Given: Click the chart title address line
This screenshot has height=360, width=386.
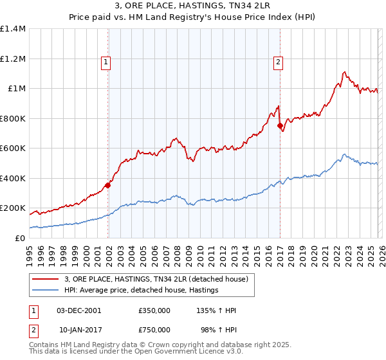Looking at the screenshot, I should pyautogui.click(x=193, y=6).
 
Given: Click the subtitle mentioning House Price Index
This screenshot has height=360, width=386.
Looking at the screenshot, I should pyautogui.click(x=193, y=17).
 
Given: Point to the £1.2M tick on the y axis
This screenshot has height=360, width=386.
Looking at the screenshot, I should pyautogui.click(x=13, y=59).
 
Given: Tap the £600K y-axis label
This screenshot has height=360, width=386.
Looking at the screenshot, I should pyautogui.click(x=13, y=148).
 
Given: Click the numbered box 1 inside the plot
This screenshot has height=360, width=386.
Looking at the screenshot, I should pyautogui.click(x=106, y=62).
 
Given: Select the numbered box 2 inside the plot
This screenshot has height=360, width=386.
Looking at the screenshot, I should pyautogui.click(x=278, y=62).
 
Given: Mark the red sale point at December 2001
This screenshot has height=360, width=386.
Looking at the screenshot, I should pyautogui.click(x=107, y=186).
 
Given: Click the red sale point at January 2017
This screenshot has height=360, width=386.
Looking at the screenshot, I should pyautogui.click(x=280, y=126).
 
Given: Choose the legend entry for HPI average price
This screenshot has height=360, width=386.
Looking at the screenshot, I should pyautogui.click(x=142, y=291).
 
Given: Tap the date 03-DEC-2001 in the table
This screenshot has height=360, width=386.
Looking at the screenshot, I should pyautogui.click(x=78, y=310).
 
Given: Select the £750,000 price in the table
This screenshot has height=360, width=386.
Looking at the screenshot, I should pyautogui.click(x=154, y=329).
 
